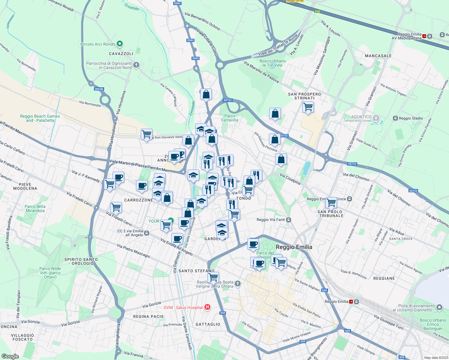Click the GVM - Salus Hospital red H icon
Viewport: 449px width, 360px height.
(207, 307)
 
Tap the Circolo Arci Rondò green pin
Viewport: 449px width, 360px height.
(119, 44)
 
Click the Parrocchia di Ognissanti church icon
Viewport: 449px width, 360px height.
(136, 65)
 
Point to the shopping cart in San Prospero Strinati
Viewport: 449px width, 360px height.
(308, 107)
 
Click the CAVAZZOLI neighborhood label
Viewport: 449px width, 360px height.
(121, 54)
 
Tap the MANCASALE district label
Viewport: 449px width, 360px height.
(378, 56)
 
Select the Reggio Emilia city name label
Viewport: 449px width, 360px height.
(294, 247)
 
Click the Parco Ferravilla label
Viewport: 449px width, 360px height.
(230, 118)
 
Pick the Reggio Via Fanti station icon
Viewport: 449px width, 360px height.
(288, 220)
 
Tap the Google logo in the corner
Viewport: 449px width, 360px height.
(10, 356)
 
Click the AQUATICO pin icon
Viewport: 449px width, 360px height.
(376, 118)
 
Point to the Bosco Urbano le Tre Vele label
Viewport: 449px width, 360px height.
(273, 63)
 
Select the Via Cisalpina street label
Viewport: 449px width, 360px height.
(290, 179)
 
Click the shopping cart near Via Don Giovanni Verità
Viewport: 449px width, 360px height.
(146, 134)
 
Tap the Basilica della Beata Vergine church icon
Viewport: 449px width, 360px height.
(237, 284)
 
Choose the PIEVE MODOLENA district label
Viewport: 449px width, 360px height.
(25, 186)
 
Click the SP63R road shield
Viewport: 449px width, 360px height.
(99, 89)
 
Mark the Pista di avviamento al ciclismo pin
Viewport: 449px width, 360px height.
(439, 307)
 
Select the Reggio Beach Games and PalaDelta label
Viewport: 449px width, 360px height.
(40, 118)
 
